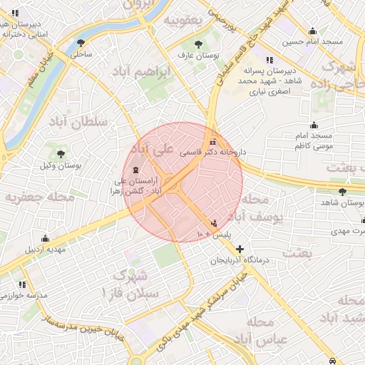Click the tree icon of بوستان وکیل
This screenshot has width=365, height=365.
(61, 153)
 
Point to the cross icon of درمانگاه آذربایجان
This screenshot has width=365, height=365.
(240, 250)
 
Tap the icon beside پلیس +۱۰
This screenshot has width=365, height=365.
(215, 222)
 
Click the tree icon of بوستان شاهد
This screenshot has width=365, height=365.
(343, 192)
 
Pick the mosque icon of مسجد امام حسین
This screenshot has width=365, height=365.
(312, 31)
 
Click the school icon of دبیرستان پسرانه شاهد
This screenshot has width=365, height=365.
(269, 60)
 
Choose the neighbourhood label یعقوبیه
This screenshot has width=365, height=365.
(184, 20)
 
